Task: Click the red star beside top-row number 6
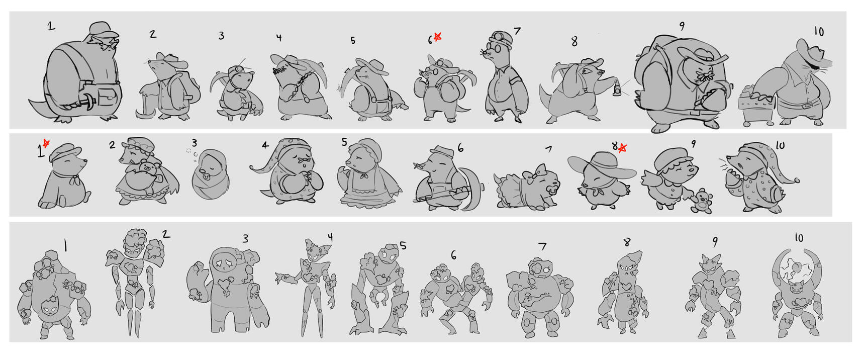point(437,36)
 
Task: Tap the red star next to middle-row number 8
point(623,147)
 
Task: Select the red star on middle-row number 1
point(46,144)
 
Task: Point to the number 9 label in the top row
point(682,26)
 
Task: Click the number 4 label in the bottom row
point(330,237)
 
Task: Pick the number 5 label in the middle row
point(344,142)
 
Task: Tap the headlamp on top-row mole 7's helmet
point(498,36)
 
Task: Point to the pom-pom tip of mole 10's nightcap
point(796,179)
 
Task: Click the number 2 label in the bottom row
point(166,234)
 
